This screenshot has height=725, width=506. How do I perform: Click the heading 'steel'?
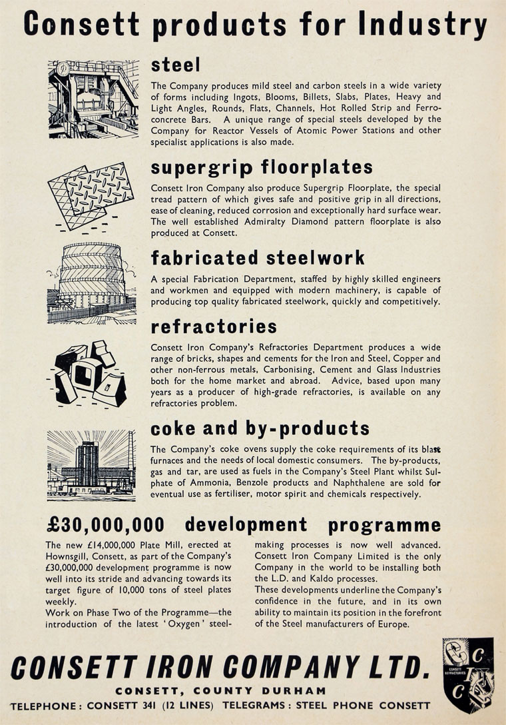(176, 65)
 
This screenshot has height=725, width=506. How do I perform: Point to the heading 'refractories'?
(214, 327)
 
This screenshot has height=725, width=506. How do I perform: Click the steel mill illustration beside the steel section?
(94, 99)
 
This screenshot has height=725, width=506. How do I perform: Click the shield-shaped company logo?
(468, 674)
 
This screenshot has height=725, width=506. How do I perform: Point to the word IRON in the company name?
(200, 667)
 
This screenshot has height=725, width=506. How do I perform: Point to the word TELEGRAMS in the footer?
(256, 706)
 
